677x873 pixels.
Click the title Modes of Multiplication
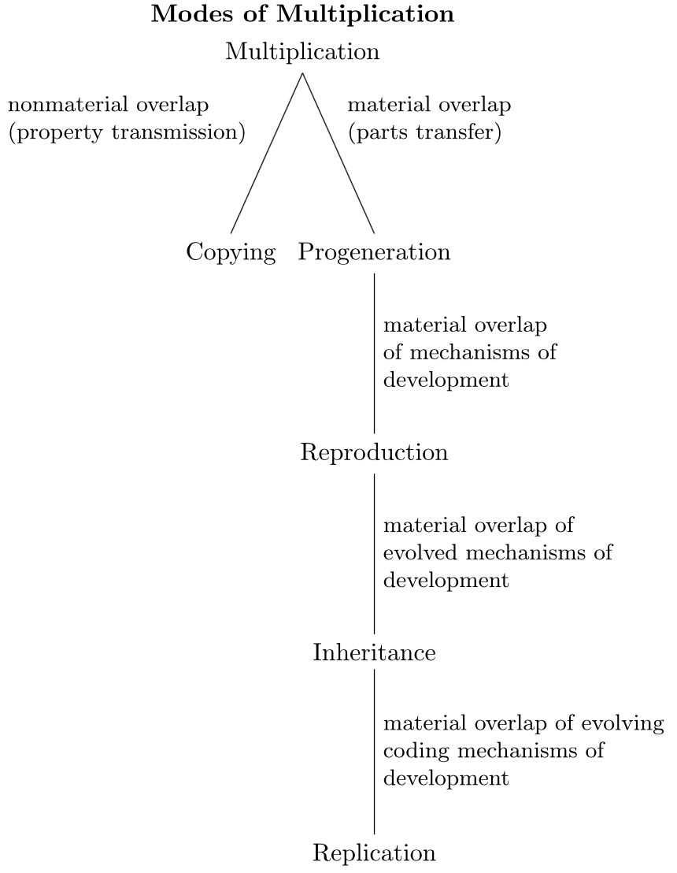coord(302,15)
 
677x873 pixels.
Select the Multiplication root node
coord(302,52)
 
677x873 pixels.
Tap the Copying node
coord(231,252)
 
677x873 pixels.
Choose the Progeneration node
coord(374,252)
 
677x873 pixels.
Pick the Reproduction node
coord(374,453)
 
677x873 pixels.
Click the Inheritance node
coord(374,653)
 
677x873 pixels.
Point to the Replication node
coord(374,853)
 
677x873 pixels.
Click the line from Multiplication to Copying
coord(267,154)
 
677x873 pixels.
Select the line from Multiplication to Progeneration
coord(338,154)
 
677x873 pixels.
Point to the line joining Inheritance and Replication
coord(374,753)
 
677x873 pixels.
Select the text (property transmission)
coord(127,132)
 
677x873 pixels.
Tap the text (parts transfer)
coord(424,132)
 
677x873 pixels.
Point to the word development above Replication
coord(446,778)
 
